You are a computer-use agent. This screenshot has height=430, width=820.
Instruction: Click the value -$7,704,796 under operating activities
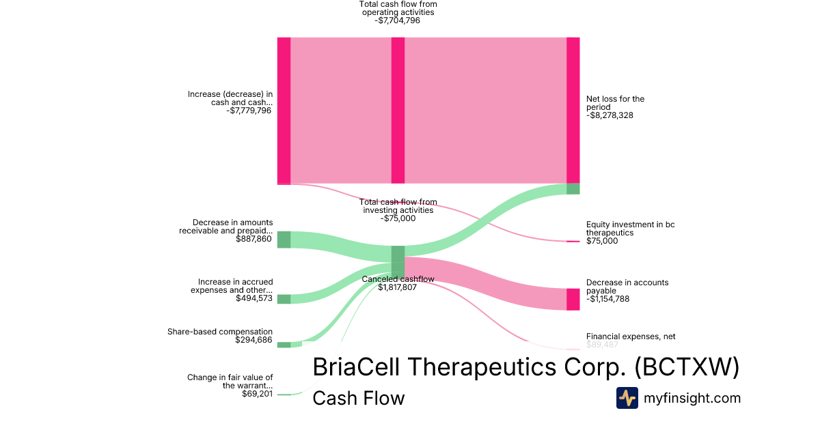point(397,20)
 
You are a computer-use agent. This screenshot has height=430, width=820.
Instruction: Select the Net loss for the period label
point(615,103)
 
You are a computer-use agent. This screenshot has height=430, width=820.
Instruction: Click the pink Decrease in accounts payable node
point(573,299)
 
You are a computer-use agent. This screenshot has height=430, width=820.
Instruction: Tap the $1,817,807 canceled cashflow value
point(397,287)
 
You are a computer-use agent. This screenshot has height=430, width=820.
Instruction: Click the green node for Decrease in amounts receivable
point(284,240)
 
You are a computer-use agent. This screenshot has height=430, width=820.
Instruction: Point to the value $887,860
point(254,239)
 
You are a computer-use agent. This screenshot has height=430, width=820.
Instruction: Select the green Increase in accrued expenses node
point(284,299)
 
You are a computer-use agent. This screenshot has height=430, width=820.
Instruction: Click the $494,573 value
point(254,298)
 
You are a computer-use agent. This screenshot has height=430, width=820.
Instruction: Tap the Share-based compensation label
point(220,332)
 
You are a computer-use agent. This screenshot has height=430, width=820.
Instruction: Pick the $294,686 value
point(254,340)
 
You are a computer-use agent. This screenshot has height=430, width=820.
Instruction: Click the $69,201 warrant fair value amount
point(257,394)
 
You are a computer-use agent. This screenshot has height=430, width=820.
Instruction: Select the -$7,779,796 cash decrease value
point(248,110)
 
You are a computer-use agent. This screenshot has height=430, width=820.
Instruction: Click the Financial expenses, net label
point(630,336)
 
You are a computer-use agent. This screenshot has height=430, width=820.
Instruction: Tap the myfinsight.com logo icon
point(627,398)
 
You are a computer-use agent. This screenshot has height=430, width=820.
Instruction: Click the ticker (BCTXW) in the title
point(687,367)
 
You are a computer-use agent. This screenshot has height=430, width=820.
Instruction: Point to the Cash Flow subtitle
point(358,398)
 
